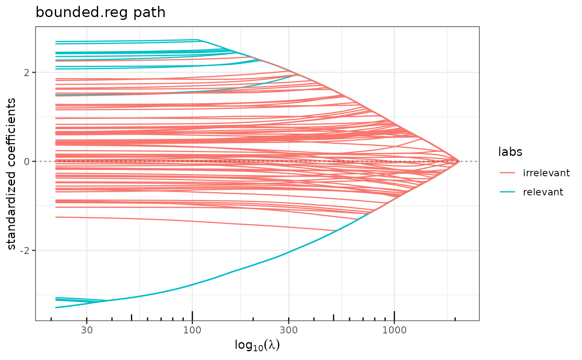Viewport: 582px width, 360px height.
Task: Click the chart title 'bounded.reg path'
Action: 101,13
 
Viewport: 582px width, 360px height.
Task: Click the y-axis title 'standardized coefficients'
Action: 12,174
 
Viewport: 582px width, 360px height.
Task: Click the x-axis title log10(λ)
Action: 257,345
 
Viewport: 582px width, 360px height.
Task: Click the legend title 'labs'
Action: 510,153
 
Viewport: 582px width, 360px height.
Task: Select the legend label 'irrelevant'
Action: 546,173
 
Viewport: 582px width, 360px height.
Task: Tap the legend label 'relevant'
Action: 543,192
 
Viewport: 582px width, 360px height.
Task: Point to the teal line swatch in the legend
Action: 510,192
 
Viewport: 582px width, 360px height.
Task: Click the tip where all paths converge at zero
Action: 459,161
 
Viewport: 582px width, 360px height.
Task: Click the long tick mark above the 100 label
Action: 192,316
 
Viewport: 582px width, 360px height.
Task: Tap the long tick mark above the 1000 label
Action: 394,316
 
